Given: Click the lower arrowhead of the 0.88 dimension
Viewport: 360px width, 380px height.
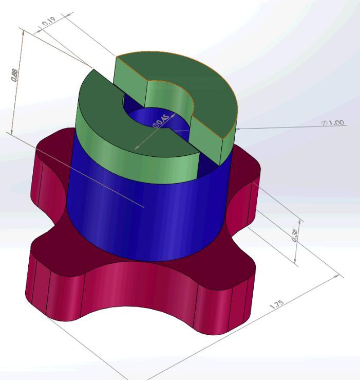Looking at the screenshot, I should (12, 132).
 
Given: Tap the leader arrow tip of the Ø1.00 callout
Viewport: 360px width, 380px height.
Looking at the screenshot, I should (237, 129).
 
